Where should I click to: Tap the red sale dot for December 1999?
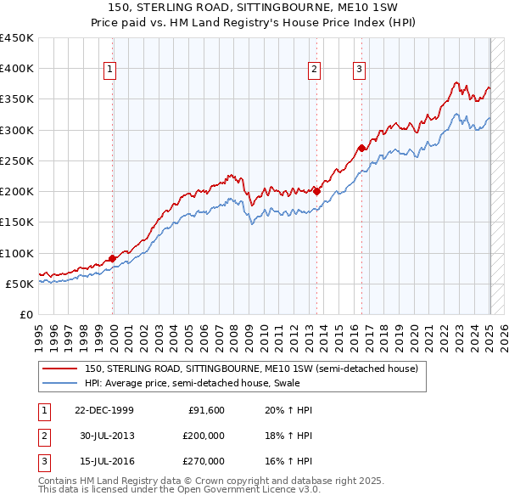tap(113, 258)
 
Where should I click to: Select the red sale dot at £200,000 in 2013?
tap(316, 191)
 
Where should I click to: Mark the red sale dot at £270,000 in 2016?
tap(361, 148)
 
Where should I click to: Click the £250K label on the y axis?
tap(17, 160)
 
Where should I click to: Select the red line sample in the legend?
tap(59, 369)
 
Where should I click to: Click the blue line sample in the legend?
tap(59, 383)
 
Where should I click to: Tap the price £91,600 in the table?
tap(206, 410)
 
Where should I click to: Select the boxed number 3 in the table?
tap(43, 461)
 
